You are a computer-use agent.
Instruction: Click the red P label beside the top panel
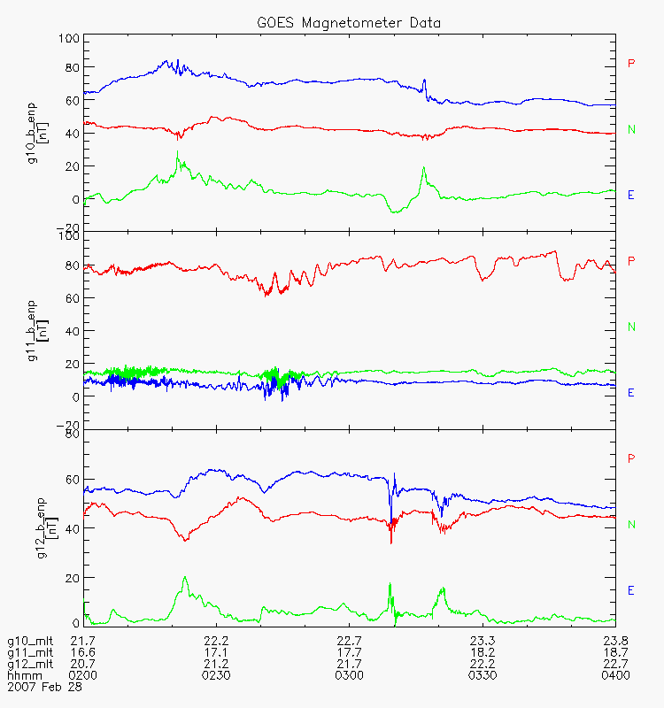point(631,63)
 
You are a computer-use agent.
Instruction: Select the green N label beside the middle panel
point(631,327)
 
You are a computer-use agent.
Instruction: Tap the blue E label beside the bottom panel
point(631,590)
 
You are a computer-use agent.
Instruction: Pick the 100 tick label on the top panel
point(68,38)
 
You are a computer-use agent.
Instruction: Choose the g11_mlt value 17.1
point(216,652)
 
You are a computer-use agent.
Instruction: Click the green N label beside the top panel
point(631,129)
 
